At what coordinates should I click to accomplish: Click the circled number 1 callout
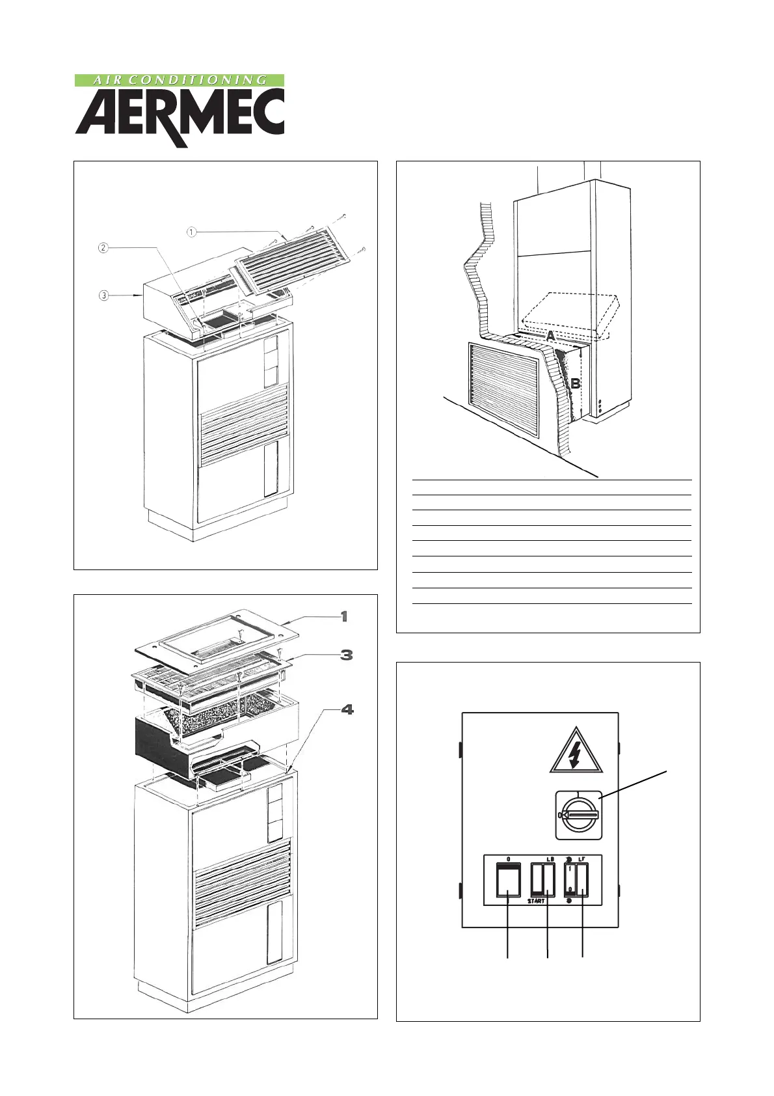tap(192, 232)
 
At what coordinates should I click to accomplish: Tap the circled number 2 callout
tap(103, 248)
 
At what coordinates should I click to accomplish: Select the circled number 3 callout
tap(103, 295)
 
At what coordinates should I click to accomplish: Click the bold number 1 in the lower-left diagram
tap(344, 616)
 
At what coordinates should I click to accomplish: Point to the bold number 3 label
tap(347, 655)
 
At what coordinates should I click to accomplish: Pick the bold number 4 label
tap(347, 709)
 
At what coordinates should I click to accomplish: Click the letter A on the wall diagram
tap(550, 336)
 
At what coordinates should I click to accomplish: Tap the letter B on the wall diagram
tap(576, 384)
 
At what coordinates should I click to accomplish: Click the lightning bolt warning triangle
tap(574, 755)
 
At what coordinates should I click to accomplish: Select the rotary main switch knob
tap(578, 815)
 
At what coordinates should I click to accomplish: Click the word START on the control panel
tap(536, 901)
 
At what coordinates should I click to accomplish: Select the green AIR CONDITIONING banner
tap(180, 80)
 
